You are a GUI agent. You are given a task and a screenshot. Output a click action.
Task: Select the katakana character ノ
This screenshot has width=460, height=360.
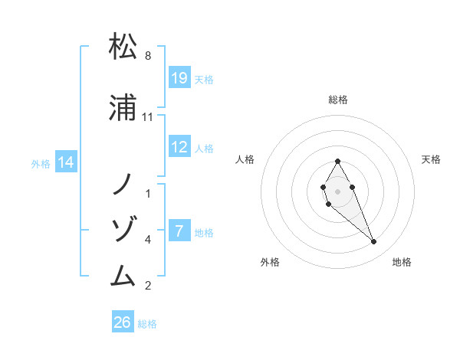click(x=123, y=184)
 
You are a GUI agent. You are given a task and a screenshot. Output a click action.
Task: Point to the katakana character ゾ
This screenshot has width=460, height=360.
click(x=123, y=229)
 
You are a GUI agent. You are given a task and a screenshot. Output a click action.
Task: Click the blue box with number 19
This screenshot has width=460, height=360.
click(x=179, y=77)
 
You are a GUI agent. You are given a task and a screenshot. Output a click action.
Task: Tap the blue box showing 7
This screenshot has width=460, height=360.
click(x=179, y=231)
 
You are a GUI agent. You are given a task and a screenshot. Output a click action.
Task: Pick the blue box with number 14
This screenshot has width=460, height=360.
click(x=66, y=162)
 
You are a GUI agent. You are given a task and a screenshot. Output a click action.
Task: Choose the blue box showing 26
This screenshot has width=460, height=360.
click(x=123, y=322)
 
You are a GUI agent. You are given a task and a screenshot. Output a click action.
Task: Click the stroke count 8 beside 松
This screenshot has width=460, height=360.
click(x=148, y=56)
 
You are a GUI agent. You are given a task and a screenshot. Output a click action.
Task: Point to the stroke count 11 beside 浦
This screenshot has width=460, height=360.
click(x=148, y=117)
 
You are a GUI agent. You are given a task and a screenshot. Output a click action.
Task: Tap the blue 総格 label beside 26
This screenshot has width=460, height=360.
click(x=148, y=324)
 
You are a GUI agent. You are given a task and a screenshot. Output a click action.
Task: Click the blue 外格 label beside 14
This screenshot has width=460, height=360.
click(x=41, y=163)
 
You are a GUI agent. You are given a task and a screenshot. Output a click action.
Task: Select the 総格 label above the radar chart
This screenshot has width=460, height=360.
click(x=338, y=100)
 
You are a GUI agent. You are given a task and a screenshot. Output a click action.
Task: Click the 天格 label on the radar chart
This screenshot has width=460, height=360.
click(x=432, y=159)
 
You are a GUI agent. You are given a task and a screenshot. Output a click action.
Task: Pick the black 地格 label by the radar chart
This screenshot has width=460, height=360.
click(x=402, y=262)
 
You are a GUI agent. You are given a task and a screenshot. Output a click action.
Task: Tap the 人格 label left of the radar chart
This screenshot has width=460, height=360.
click(x=245, y=159)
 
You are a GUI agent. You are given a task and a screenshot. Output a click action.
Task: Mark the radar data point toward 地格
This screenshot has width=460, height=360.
click(x=373, y=242)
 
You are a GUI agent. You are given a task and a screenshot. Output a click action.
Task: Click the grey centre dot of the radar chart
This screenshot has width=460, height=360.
click(x=338, y=191)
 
